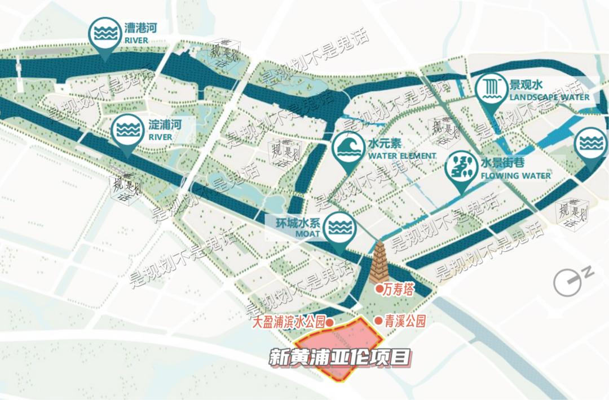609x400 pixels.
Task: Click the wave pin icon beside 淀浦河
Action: coord(127,130)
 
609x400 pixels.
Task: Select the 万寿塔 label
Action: coord(398,290)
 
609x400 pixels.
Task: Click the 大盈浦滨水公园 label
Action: coord(289,322)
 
